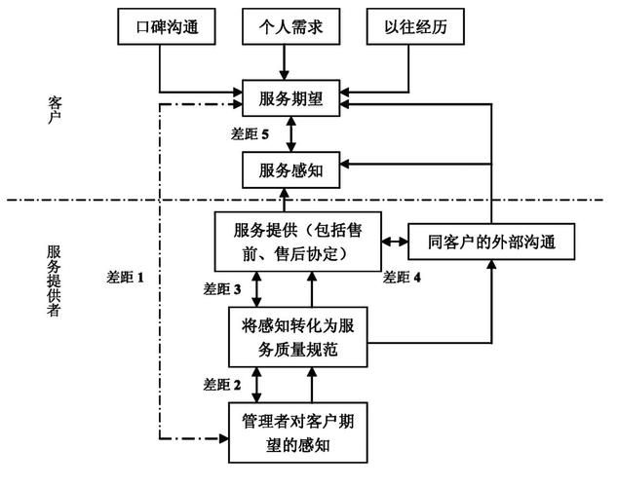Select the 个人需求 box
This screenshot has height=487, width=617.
(x=285, y=28)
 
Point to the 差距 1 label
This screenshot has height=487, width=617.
(x=125, y=277)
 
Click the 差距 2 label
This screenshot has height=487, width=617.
(x=221, y=384)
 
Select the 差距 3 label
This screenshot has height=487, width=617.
(x=221, y=289)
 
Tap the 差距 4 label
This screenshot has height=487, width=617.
(x=403, y=277)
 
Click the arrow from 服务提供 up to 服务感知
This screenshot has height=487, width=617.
(x=285, y=201)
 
